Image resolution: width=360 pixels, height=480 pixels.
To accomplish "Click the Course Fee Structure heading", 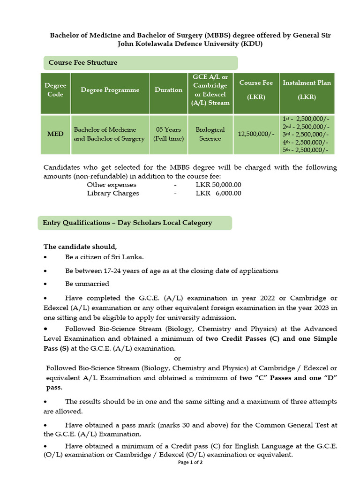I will click(83, 63).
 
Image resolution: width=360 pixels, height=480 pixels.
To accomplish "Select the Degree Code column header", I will click(55, 90).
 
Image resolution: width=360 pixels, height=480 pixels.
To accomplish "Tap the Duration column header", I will click(168, 90).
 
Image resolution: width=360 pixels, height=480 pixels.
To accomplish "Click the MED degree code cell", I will click(55, 134).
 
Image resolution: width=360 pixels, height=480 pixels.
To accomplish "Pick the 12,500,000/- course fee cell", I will click(256, 134).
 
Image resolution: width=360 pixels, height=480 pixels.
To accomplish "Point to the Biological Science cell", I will click(210, 134).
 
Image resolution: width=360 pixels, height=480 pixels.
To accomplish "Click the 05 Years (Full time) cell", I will click(168, 134).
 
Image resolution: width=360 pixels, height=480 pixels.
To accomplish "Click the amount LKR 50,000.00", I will click(218, 185).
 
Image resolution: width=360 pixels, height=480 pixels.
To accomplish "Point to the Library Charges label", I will click(113, 193).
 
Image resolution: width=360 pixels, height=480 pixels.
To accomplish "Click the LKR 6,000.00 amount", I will click(218, 193).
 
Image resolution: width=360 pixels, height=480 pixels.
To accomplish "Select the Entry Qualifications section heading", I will click(127, 223).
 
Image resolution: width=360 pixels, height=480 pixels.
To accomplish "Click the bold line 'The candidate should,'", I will click(80, 247).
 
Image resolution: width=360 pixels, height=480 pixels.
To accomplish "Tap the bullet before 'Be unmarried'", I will click(45, 284).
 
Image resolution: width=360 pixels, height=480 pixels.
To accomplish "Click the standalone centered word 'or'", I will click(177, 359).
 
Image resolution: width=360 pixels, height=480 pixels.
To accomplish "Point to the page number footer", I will click(190, 463).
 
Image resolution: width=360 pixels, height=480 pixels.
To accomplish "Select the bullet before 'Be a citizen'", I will click(45, 257).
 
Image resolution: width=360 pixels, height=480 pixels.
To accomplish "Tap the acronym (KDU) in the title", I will click(252, 44).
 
